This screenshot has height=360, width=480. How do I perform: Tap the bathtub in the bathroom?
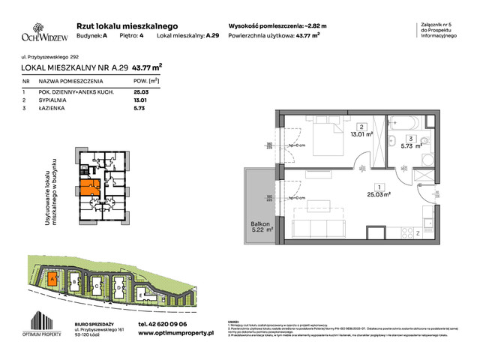406,121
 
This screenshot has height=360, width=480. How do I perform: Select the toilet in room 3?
424,142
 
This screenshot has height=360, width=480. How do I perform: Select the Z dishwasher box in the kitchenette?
417,234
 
